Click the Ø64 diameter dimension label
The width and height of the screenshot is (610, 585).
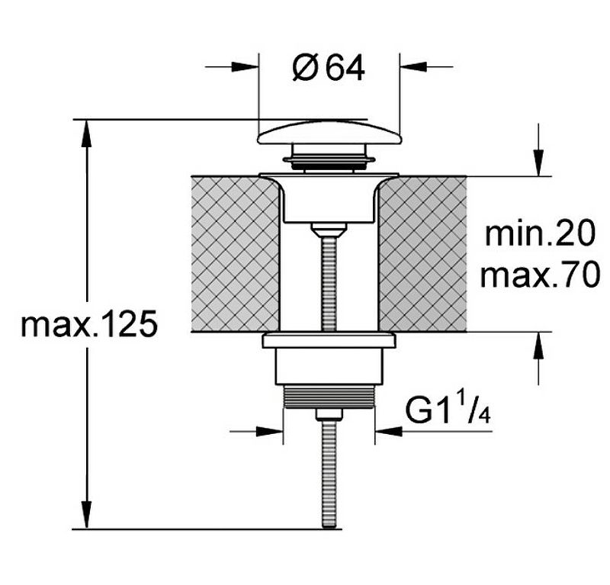329,67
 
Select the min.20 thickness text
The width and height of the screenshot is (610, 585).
540,233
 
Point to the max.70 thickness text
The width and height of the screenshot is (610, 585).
540,275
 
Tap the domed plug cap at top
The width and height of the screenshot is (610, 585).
329,133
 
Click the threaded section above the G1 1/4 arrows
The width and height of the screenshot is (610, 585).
329,397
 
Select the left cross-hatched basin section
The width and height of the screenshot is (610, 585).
235,254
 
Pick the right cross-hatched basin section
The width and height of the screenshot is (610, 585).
422,254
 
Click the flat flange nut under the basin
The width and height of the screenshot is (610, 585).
329,340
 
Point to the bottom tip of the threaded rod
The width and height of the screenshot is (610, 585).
329,527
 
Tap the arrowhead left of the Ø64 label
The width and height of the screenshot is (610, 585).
245,67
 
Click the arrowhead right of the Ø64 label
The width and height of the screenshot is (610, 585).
413,67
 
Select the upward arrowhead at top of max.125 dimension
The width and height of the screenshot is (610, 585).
86,133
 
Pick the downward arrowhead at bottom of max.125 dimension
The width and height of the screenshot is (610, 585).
86,516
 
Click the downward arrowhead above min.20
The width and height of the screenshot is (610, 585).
538,163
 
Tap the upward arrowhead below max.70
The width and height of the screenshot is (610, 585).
538,346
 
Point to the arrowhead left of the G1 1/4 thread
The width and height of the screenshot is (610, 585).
270,431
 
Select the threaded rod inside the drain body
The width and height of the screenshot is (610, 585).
329,284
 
